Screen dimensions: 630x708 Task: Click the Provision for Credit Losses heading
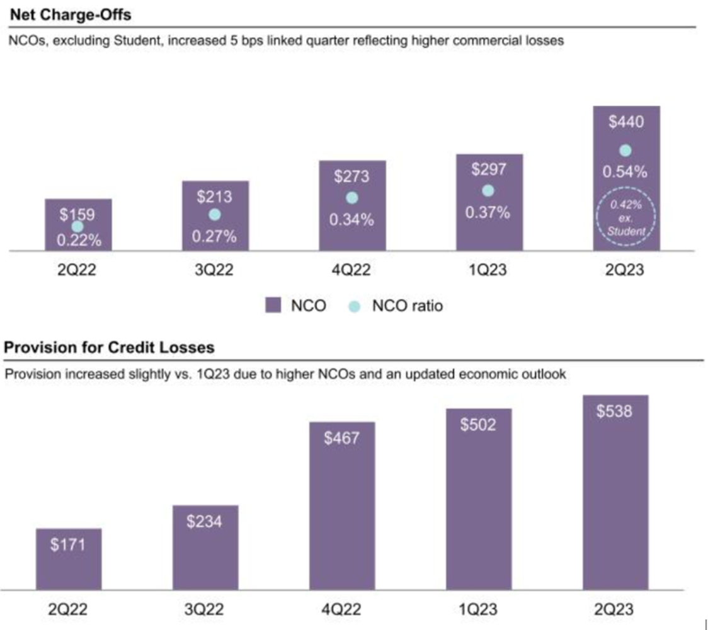tap(109, 347)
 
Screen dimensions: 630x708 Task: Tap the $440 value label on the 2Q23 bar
tap(625, 122)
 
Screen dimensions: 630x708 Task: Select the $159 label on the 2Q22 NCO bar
tap(77, 214)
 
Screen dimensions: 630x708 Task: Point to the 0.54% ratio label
tap(626, 172)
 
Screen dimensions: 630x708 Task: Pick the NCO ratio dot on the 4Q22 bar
tap(352, 198)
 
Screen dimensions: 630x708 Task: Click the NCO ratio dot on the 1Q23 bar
tap(488, 190)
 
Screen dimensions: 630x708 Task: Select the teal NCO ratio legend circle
tap(354, 306)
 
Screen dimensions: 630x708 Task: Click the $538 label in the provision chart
tap(614, 411)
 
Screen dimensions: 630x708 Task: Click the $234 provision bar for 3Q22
tap(205, 547)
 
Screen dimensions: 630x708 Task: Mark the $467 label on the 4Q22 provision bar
tap(341, 438)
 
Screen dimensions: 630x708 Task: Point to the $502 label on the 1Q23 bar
tap(477, 425)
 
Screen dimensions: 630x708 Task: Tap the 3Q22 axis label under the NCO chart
tap(214, 271)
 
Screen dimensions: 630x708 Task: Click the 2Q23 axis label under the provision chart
tap(614, 610)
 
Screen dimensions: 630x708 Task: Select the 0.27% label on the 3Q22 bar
tap(215, 237)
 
